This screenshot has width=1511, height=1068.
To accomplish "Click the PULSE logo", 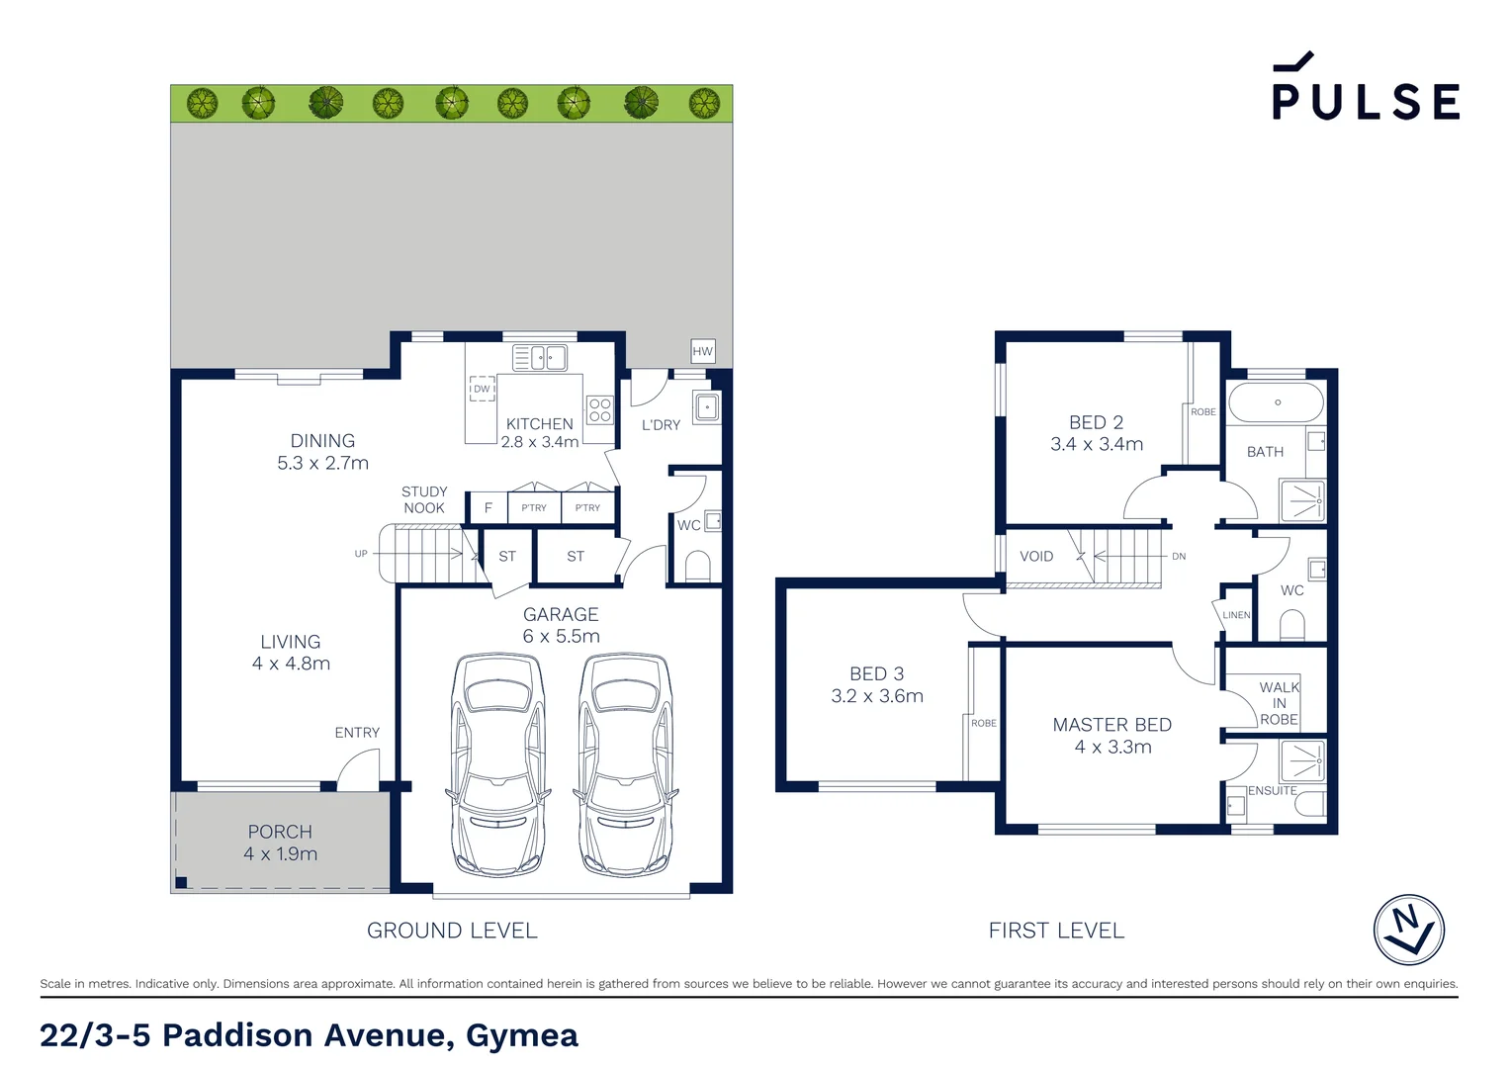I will click(x=1365, y=89).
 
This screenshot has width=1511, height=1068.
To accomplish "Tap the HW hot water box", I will click(x=702, y=351).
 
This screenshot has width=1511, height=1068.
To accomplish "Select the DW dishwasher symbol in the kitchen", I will click(x=482, y=389).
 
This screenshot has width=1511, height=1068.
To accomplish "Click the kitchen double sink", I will click(x=540, y=357).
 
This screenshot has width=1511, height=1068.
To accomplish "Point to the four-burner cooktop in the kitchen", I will click(x=599, y=409).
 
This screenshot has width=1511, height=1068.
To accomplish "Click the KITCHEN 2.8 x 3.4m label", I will click(x=540, y=433).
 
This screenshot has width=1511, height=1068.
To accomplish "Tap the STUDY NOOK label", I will click(x=424, y=499).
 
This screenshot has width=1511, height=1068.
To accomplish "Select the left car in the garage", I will click(x=498, y=763).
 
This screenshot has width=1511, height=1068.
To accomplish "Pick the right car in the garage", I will click(x=625, y=763).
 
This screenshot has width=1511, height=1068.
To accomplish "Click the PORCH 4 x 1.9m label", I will click(x=280, y=843).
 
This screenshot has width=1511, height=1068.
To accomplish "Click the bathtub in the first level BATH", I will click(x=1276, y=402).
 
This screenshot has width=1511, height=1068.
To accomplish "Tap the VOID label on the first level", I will click(x=1036, y=557).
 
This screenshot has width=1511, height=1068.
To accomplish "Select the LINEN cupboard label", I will click(x=1236, y=615).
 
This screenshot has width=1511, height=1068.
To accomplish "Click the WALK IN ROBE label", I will click(x=1279, y=703).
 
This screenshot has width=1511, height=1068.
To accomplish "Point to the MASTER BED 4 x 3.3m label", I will click(x=1112, y=736).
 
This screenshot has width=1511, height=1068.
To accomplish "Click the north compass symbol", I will click(x=1409, y=930).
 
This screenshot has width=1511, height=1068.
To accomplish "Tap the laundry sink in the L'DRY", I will click(x=707, y=407).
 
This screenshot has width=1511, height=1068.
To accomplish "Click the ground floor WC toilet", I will click(x=697, y=567).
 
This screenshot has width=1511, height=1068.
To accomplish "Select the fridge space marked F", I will click(x=488, y=507).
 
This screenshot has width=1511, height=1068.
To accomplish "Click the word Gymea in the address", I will click(x=521, y=1035).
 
